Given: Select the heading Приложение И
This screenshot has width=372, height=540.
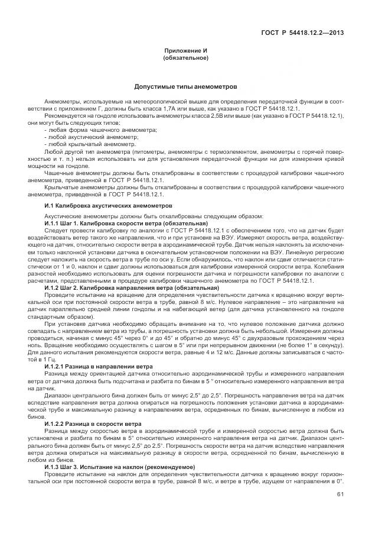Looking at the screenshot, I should click(x=185, y=51).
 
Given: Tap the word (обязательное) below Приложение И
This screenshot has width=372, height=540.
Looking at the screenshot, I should click(x=185, y=58).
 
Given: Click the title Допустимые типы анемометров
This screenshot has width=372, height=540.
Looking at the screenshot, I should click(x=185, y=86).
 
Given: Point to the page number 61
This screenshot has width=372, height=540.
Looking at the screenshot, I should click(x=340, y=494).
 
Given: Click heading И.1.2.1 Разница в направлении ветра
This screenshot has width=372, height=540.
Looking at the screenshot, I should click(x=104, y=367).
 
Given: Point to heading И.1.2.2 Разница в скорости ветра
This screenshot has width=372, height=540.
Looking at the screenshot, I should click(x=100, y=424).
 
